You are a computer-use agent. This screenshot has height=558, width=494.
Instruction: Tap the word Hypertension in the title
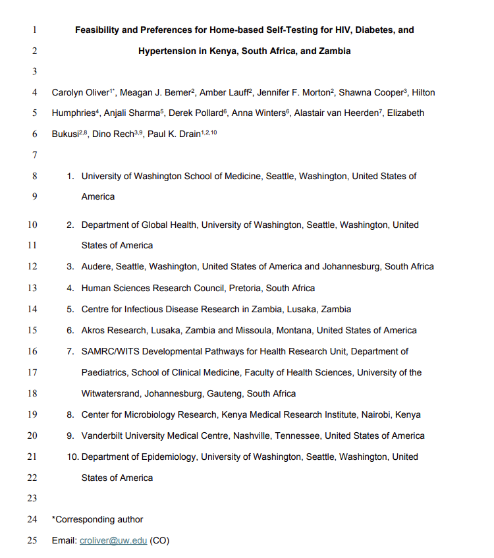point(167,51)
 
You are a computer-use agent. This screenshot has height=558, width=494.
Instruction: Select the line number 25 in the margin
point(32,541)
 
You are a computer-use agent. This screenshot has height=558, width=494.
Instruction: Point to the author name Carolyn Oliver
point(80,93)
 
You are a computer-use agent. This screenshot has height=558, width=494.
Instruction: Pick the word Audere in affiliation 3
point(96,267)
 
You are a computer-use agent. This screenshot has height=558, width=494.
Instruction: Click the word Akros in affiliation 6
point(94,330)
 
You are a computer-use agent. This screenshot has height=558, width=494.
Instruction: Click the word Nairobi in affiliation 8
point(377,414)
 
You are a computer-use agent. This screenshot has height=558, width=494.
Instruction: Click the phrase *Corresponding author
point(97,520)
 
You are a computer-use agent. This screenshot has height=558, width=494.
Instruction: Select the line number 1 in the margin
point(34,30)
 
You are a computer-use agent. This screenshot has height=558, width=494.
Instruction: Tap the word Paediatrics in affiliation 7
point(105,372)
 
